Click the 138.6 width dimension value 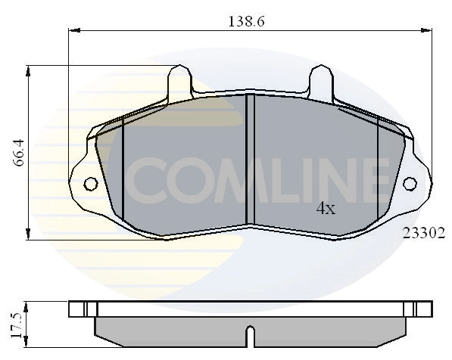click(246, 23)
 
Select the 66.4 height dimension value click(20, 152)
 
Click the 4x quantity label click(325, 209)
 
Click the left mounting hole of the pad click(90, 184)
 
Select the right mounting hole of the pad click(410, 184)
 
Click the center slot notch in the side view click(251, 334)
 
